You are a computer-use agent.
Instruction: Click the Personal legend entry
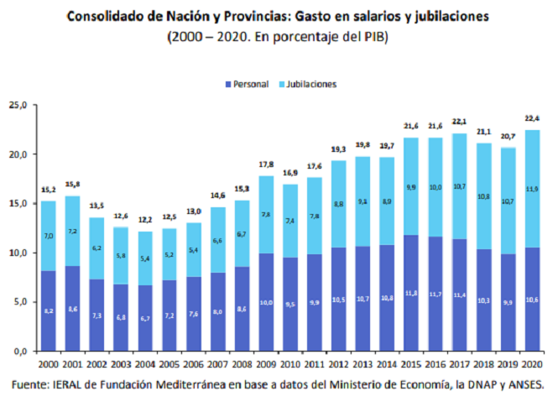pos(251,85)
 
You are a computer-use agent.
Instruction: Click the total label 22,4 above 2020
pos(530,117)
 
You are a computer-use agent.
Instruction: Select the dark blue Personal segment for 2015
pos(411,293)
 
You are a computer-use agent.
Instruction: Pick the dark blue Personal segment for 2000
pos(50,310)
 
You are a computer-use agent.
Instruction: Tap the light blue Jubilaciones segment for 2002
pos(97,248)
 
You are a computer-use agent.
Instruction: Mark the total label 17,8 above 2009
pos(267,164)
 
